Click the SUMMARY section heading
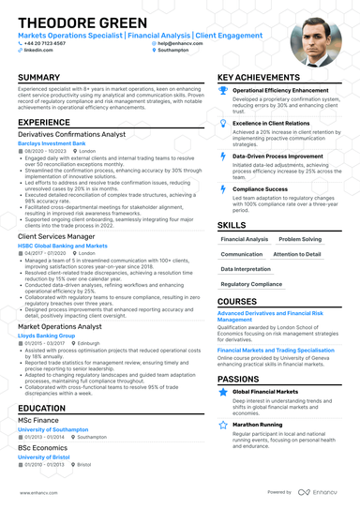[x=39, y=77]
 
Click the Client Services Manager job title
[x=56, y=238]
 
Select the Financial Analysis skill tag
[x=244, y=239]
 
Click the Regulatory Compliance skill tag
[x=250, y=283]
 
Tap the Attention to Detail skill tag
[x=297, y=254]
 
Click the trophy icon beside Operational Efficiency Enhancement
[x=223, y=90]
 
